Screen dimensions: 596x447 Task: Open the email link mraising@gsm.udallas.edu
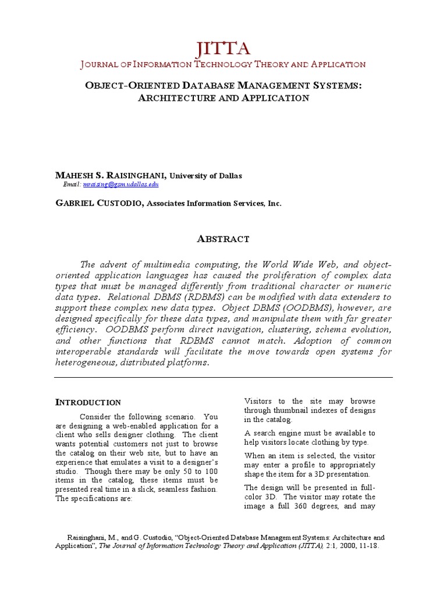120,185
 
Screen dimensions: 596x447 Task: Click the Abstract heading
223,239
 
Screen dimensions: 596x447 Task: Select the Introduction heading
88,402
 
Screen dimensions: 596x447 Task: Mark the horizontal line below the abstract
223,377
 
